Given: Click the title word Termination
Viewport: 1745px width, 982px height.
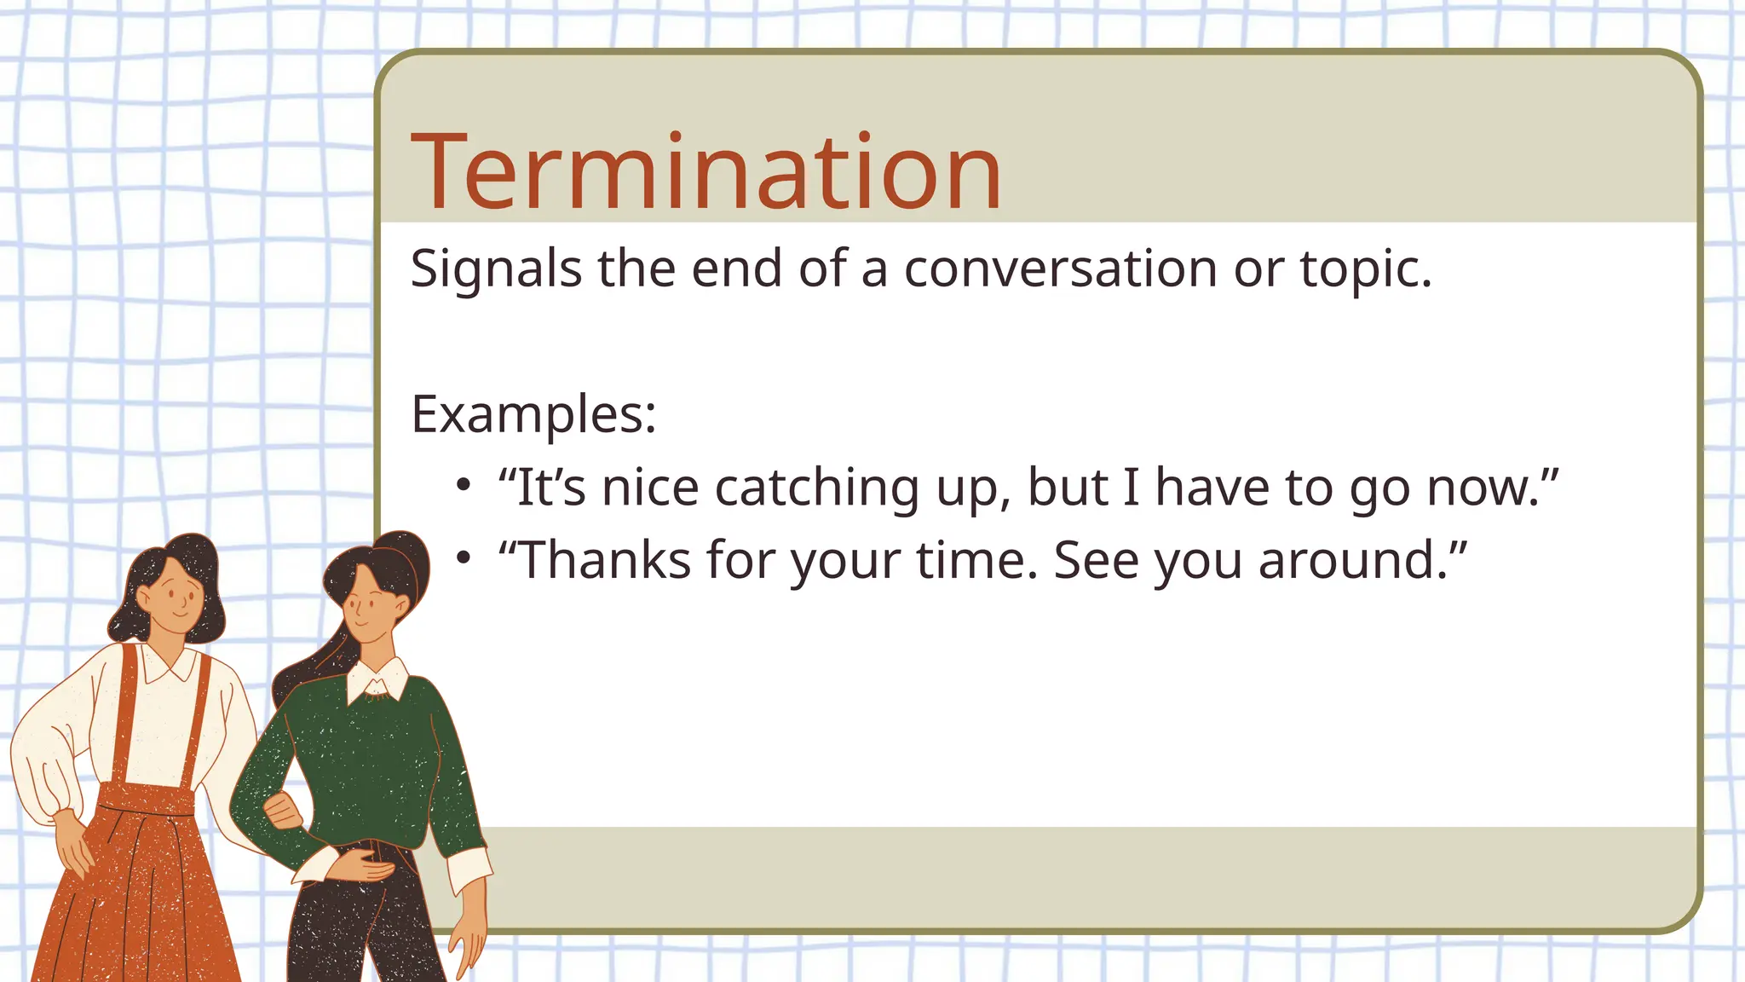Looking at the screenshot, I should pyautogui.click(x=705, y=173).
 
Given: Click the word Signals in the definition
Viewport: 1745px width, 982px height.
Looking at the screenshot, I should pyautogui.click(x=496, y=269).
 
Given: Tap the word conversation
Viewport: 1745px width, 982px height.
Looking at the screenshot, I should pyautogui.click(x=1061, y=269).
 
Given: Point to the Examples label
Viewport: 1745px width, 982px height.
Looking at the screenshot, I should pyautogui.click(x=533, y=415).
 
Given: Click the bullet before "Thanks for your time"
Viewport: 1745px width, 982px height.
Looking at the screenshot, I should pyautogui.click(x=463, y=558).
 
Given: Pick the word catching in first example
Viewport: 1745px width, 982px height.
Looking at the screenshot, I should pyautogui.click(x=817, y=489).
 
